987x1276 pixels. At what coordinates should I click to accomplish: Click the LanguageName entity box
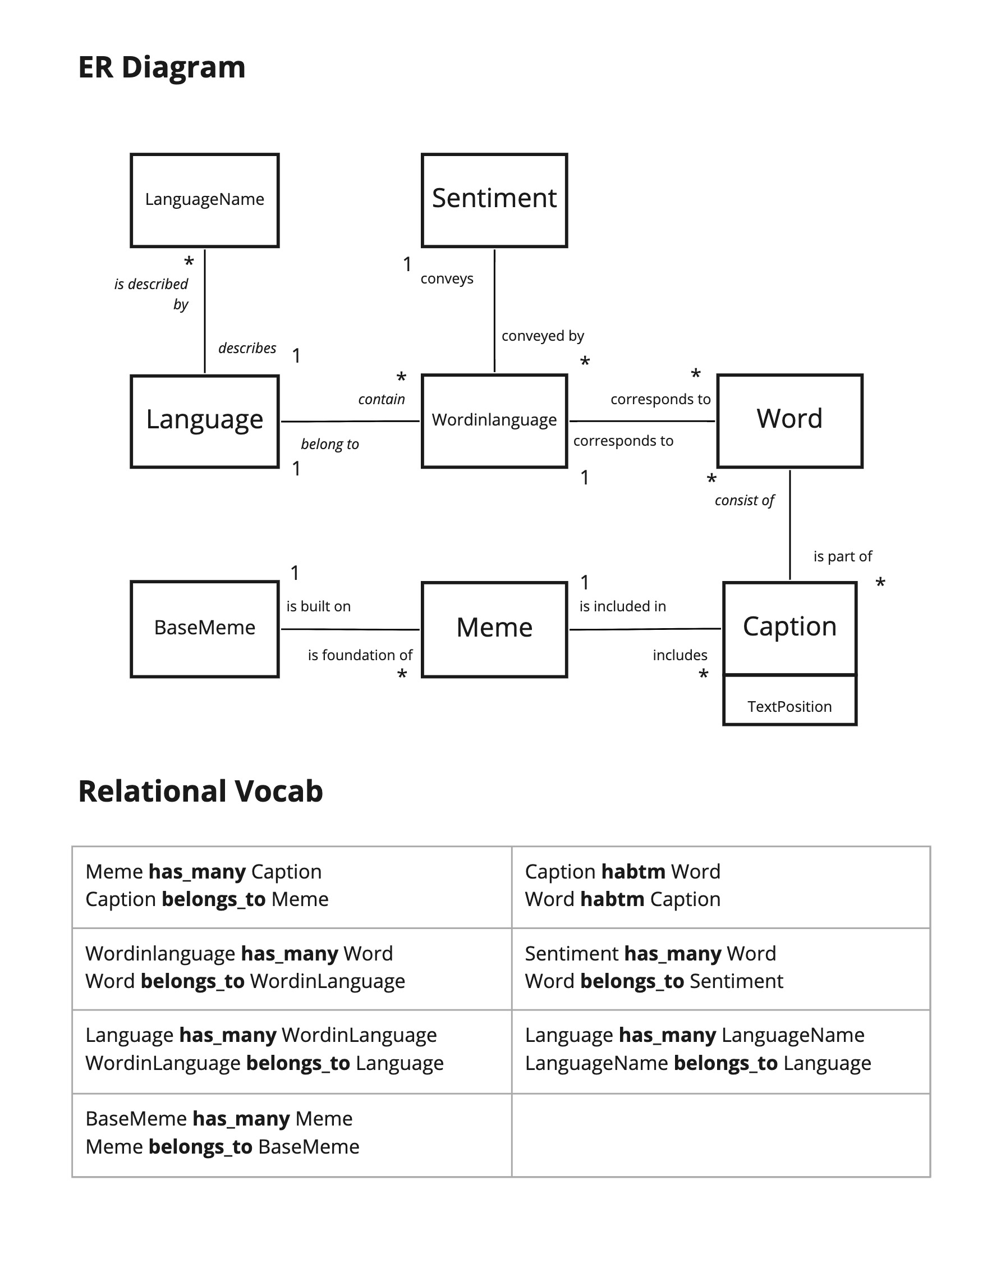point(204,200)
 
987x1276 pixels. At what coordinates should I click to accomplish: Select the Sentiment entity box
point(494,200)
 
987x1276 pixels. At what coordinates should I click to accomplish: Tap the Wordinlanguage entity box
point(494,420)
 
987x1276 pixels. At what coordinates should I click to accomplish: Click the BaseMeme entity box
point(204,629)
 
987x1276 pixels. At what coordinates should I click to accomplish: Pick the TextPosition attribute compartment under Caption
point(789,706)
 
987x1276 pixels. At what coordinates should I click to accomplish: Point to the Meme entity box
point(494,629)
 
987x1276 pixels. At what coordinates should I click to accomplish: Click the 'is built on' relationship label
point(318,606)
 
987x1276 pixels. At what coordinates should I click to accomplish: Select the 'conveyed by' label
point(543,336)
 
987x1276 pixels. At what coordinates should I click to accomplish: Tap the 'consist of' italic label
point(744,500)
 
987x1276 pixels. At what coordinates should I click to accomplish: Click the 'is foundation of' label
point(360,655)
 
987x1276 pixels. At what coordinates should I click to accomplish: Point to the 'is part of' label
point(842,556)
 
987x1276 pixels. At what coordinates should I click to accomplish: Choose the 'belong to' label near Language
point(329,444)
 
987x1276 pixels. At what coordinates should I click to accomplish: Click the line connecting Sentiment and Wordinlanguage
point(495,310)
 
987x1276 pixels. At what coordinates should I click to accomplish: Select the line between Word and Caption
point(790,526)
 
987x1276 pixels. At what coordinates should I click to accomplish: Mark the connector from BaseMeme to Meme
point(350,629)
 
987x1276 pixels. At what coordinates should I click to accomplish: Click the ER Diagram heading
point(162,67)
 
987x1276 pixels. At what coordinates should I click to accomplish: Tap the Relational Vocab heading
point(200,791)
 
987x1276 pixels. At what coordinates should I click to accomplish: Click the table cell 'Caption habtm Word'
point(720,886)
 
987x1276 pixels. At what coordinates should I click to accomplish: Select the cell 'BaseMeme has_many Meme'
point(291,1133)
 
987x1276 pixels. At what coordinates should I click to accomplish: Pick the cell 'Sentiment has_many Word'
point(720,967)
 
